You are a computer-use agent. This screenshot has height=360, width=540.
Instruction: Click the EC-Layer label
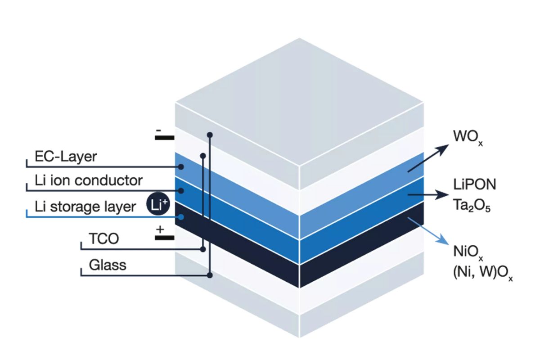pyautogui.click(x=66, y=157)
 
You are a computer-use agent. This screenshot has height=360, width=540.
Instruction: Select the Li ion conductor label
pyautogui.click(x=89, y=181)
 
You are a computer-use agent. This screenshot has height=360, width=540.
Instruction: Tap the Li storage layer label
pyautogui.click(x=85, y=207)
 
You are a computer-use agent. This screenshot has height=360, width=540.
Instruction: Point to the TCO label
pyautogui.click(x=104, y=238)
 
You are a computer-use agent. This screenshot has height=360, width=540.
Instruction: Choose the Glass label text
pyautogui.click(x=108, y=265)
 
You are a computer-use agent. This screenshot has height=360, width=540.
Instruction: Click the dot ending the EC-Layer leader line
pyautogui.click(x=181, y=166)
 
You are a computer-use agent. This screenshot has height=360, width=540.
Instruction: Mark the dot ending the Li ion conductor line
pyautogui.click(x=181, y=190)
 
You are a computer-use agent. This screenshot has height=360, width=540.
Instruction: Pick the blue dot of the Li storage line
pyautogui.click(x=181, y=217)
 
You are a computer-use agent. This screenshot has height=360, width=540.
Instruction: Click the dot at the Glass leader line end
pyautogui.click(x=209, y=274)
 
